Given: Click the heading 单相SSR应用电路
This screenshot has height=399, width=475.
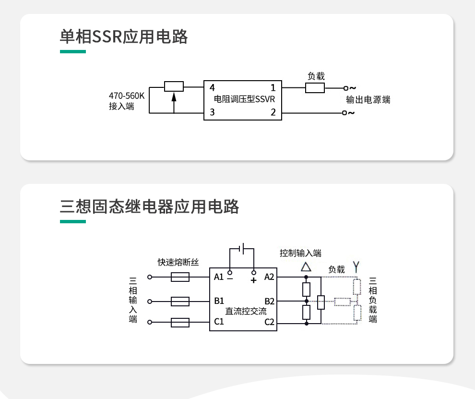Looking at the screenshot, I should click(124, 37).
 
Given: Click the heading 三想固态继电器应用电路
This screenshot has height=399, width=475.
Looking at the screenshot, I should click(149, 207).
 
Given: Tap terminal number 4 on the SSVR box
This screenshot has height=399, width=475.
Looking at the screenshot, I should click(212, 88).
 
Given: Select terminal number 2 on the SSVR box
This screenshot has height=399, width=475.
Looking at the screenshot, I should click(273, 113).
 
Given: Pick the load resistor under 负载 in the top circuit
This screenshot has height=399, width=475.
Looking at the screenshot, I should click(315, 88).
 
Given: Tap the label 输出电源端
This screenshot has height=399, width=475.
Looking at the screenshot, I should click(368, 100).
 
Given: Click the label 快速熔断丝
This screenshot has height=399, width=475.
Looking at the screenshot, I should click(178, 262).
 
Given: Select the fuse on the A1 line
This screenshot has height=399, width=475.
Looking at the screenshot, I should click(180, 277).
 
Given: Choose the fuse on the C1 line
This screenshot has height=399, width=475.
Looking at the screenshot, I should click(180, 322).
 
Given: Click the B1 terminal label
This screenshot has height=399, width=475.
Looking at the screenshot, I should click(219, 301).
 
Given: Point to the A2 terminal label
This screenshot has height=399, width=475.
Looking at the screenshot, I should click(269, 277).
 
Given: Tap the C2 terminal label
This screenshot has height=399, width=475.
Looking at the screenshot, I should click(269, 322).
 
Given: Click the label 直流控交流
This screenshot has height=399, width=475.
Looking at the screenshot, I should click(246, 311).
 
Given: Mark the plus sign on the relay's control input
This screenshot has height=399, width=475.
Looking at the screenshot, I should click(253, 279).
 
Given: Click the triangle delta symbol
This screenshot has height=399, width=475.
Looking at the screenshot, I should click(306, 267).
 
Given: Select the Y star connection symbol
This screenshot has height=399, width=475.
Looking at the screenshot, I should click(356, 266).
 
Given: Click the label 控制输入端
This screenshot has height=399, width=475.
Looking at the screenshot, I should click(301, 253).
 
